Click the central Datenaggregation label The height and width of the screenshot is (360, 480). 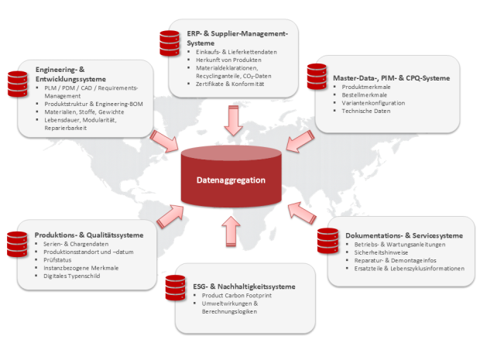point(231,180)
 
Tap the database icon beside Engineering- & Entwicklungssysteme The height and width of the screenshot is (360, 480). point(18,84)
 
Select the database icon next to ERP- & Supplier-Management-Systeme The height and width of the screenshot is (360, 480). point(170,43)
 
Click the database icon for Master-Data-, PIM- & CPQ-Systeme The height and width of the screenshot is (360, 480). point(317,77)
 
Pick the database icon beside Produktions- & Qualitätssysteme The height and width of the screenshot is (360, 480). point(17,245)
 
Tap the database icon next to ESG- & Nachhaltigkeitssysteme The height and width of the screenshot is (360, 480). point(176,288)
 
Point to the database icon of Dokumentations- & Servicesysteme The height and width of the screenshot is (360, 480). point(327,241)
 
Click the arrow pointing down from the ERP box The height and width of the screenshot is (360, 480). point(233,121)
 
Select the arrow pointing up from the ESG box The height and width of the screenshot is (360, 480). point(231,231)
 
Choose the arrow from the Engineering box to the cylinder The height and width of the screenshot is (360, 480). point(164,141)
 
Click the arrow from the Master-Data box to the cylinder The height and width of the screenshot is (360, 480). point(300,141)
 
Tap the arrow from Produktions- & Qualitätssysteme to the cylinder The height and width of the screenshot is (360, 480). point(170,217)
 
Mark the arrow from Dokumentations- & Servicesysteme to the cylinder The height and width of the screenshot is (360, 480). point(302,213)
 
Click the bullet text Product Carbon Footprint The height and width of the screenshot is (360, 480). point(237,296)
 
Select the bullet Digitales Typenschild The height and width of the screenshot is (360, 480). point(72,276)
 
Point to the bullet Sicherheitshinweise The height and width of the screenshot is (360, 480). point(381,252)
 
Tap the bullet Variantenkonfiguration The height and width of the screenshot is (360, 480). point(373,103)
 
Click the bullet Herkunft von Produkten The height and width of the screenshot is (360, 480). point(228,60)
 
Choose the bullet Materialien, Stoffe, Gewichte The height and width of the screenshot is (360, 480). point(84,112)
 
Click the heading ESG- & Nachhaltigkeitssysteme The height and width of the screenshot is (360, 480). point(244,286)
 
